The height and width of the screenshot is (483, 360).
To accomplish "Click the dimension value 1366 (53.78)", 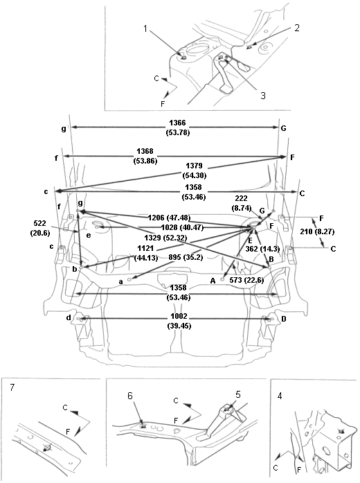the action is point(177,128).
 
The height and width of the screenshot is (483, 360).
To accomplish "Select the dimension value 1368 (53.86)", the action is point(145,156).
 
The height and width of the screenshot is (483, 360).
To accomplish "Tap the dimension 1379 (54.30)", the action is point(194,170).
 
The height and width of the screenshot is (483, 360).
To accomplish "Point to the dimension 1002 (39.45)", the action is point(179,322).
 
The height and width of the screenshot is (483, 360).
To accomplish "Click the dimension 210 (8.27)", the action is point(317,231).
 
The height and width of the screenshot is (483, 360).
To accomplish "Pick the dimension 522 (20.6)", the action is point(40,228).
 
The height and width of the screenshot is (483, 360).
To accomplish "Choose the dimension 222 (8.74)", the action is point(241,203).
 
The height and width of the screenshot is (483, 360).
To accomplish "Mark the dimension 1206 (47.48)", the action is point(169,218).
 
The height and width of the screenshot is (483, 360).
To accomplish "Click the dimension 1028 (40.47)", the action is point(182,227).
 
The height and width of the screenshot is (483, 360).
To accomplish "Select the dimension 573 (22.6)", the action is point(246,281).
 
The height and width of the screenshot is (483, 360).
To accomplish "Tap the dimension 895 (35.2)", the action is point(186,258).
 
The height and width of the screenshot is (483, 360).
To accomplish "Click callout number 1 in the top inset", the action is point(146,28).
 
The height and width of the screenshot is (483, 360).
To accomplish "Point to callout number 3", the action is point(263,96).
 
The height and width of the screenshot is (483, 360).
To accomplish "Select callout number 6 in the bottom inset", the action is point(130,396).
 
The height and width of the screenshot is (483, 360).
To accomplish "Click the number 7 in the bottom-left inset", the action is point(12,387).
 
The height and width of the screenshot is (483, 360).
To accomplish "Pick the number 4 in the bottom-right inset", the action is point(280,396).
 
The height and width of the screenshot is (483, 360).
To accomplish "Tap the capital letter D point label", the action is point(284,319).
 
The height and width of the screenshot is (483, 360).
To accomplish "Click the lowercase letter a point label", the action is point(121,281).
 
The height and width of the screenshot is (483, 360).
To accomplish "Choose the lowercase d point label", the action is point(69,317).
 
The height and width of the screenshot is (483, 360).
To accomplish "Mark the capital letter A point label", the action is point(213,281).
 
